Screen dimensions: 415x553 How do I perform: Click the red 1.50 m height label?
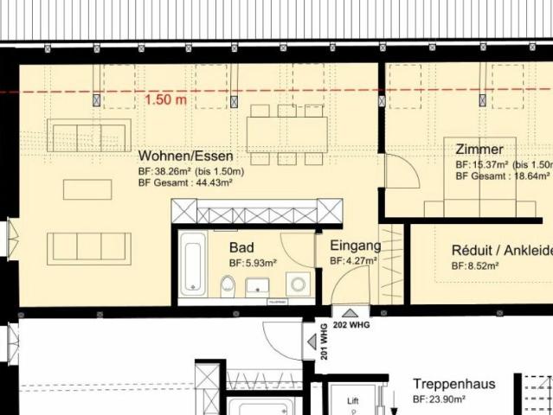[166, 99]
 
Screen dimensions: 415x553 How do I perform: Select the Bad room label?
[241, 247]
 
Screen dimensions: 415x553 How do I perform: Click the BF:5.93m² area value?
[253, 262]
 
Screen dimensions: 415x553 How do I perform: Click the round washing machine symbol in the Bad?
[299, 283]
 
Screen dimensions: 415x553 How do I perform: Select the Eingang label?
[355, 246]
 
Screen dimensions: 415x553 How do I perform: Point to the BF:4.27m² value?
[355, 260]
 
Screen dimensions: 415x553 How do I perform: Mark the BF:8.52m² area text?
[475, 266]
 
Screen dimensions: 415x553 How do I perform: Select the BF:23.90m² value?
[439, 399]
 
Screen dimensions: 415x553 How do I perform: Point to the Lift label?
[352, 402]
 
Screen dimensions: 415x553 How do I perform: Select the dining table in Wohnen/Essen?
[287, 134]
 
